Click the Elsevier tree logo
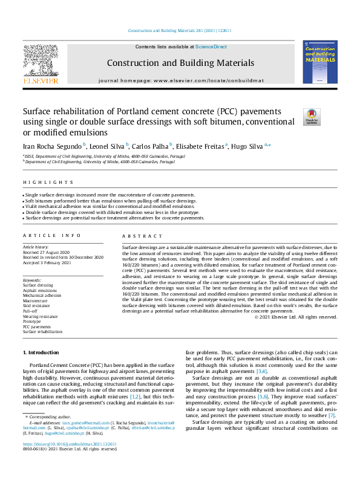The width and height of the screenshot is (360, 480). [x=41, y=62]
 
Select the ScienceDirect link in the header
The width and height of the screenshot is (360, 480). [x=211, y=47]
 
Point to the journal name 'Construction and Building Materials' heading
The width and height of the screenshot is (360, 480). [x=180, y=63]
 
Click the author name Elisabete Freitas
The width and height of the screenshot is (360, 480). [x=201, y=146]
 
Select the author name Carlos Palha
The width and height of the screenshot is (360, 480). [x=151, y=146]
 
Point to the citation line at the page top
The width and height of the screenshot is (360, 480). [x=180, y=31]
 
